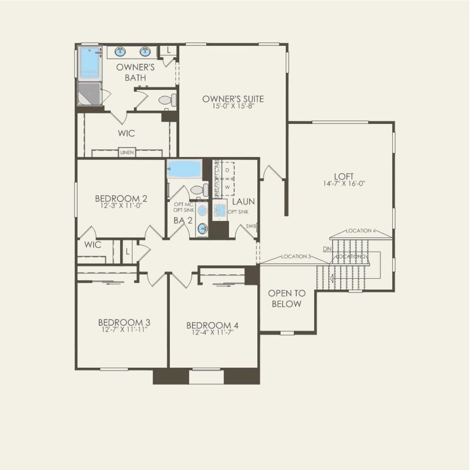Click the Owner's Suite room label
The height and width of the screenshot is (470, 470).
(233, 99)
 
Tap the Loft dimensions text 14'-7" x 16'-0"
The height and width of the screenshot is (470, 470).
(344, 184)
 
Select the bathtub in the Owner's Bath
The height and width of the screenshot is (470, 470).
(90, 62)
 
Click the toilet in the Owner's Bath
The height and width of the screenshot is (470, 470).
(168, 100)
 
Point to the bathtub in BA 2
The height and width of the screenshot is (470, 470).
(184, 169)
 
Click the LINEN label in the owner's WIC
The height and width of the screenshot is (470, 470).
(127, 152)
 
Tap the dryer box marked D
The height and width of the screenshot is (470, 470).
(227, 171)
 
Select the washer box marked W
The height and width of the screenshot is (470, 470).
(227, 187)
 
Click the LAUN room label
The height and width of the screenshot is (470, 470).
(243, 201)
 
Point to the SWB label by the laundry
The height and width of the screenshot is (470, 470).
(251, 226)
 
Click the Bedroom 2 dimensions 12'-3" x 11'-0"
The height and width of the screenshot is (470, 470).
(121, 206)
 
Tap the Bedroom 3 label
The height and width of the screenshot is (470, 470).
(124, 323)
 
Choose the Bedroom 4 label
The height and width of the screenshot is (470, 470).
(212, 325)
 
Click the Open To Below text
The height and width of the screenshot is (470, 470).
(287, 298)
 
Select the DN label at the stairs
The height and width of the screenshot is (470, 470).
(327, 249)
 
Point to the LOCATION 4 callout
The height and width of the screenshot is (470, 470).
(361, 230)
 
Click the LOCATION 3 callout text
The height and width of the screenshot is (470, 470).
(296, 257)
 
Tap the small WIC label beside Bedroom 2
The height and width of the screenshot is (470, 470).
(92, 244)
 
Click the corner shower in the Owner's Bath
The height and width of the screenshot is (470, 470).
(90, 93)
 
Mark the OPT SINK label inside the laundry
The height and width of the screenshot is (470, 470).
(238, 212)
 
